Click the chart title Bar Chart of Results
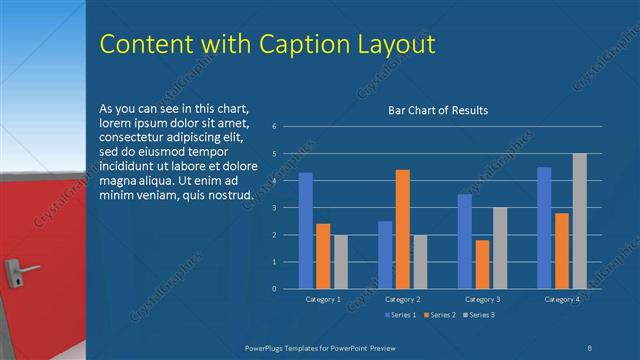tap(438, 110)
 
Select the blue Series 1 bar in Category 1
tap(306, 231)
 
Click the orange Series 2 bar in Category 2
tap(402, 229)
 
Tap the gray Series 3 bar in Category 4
tap(579, 221)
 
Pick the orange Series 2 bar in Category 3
tap(482, 264)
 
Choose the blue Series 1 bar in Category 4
tap(544, 228)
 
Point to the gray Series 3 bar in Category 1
tap(341, 262)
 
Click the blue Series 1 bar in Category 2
tap(385, 255)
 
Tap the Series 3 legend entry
tap(478, 315)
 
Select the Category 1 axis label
tap(323, 299)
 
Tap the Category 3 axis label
tap(482, 299)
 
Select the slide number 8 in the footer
tap(591, 346)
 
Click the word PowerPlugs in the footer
tap(268, 346)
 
